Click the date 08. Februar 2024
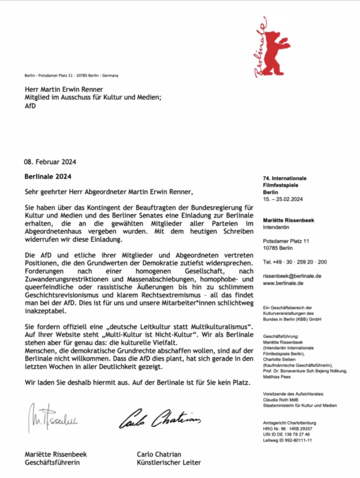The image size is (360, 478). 50,162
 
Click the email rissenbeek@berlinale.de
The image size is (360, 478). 292,276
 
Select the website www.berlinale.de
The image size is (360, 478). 283,283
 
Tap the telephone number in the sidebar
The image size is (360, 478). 295,262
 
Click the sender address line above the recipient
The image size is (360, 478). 71,76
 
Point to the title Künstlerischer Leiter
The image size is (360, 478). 169,463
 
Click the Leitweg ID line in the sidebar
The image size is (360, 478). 288,440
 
